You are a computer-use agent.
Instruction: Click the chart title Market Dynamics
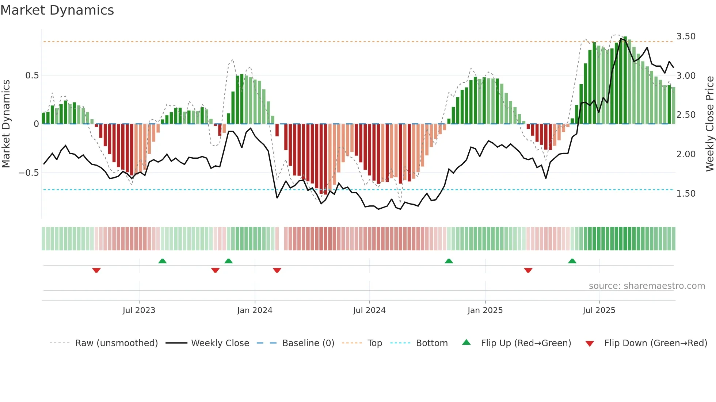click(x=57, y=10)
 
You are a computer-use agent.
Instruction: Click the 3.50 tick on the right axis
click(x=686, y=36)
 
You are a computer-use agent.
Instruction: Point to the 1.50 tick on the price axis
click(x=686, y=194)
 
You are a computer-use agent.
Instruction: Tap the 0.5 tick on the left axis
click(x=32, y=76)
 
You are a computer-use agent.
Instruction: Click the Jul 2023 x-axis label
click(x=139, y=310)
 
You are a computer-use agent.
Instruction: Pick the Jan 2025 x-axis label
click(x=485, y=310)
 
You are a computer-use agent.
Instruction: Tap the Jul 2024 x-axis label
click(x=369, y=310)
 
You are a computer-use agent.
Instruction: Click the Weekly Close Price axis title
click(x=709, y=124)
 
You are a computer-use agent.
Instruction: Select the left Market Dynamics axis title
click(x=6, y=124)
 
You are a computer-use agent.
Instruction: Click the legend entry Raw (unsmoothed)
click(x=116, y=343)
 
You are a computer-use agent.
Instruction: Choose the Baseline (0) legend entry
click(x=308, y=343)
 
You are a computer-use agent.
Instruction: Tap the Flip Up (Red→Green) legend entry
click(x=526, y=343)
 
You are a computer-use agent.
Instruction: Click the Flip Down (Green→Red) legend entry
click(x=655, y=343)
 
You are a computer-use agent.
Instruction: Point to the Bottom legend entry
click(x=431, y=343)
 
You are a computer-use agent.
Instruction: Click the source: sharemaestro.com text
click(x=647, y=286)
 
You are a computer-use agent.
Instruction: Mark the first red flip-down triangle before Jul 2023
click(x=96, y=270)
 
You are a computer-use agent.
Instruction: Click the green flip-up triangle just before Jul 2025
click(x=572, y=261)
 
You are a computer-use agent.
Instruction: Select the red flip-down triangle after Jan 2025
click(x=528, y=270)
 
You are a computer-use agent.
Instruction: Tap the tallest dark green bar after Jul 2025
click(x=625, y=80)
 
